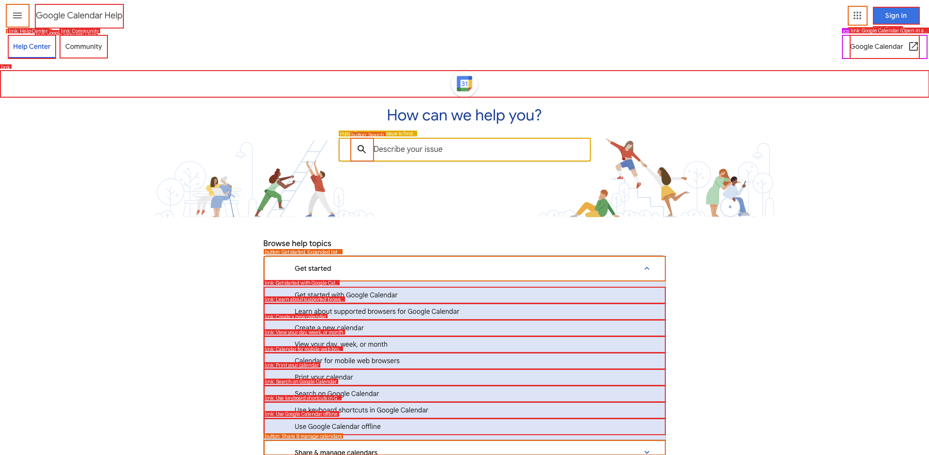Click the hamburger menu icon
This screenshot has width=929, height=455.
coord(17,15)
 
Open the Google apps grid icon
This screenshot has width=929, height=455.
coord(857,15)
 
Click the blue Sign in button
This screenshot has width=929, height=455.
coord(896,15)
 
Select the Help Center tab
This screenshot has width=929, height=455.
coord(32,46)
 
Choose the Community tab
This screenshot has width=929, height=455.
coord(83,46)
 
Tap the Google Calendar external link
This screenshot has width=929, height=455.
coord(884,46)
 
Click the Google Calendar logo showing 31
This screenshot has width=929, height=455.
coord(464,84)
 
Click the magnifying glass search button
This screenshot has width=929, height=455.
coord(361,149)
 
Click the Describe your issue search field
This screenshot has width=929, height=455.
coord(479,149)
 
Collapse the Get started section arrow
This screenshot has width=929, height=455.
coord(647,268)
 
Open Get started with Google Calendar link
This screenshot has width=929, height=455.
coord(346,295)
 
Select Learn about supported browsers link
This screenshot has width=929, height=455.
coord(376,311)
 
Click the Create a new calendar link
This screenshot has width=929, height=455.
coord(329,328)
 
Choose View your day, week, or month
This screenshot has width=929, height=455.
coord(341,344)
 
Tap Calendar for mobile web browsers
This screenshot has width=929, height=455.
coord(347,361)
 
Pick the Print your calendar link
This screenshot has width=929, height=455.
coord(324,377)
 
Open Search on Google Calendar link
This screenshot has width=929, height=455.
coord(337,394)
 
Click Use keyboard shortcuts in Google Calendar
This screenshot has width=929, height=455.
coord(361,410)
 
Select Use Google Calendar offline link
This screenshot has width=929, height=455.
coord(337,426)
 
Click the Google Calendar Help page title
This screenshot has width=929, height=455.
coord(79,15)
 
